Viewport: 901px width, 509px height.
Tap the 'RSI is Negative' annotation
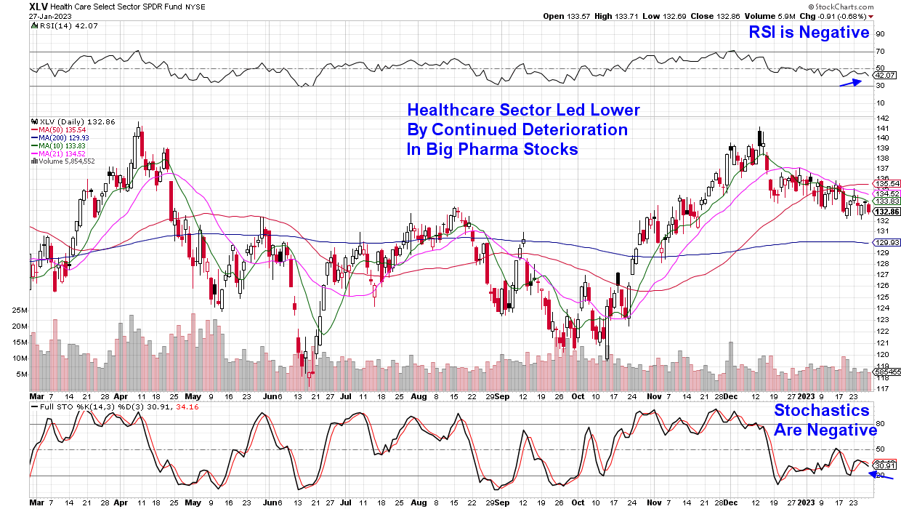(x=809, y=32)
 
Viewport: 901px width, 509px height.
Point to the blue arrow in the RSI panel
(x=850, y=82)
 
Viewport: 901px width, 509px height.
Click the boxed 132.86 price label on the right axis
(x=888, y=211)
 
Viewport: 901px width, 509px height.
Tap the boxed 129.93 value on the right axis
(x=888, y=243)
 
